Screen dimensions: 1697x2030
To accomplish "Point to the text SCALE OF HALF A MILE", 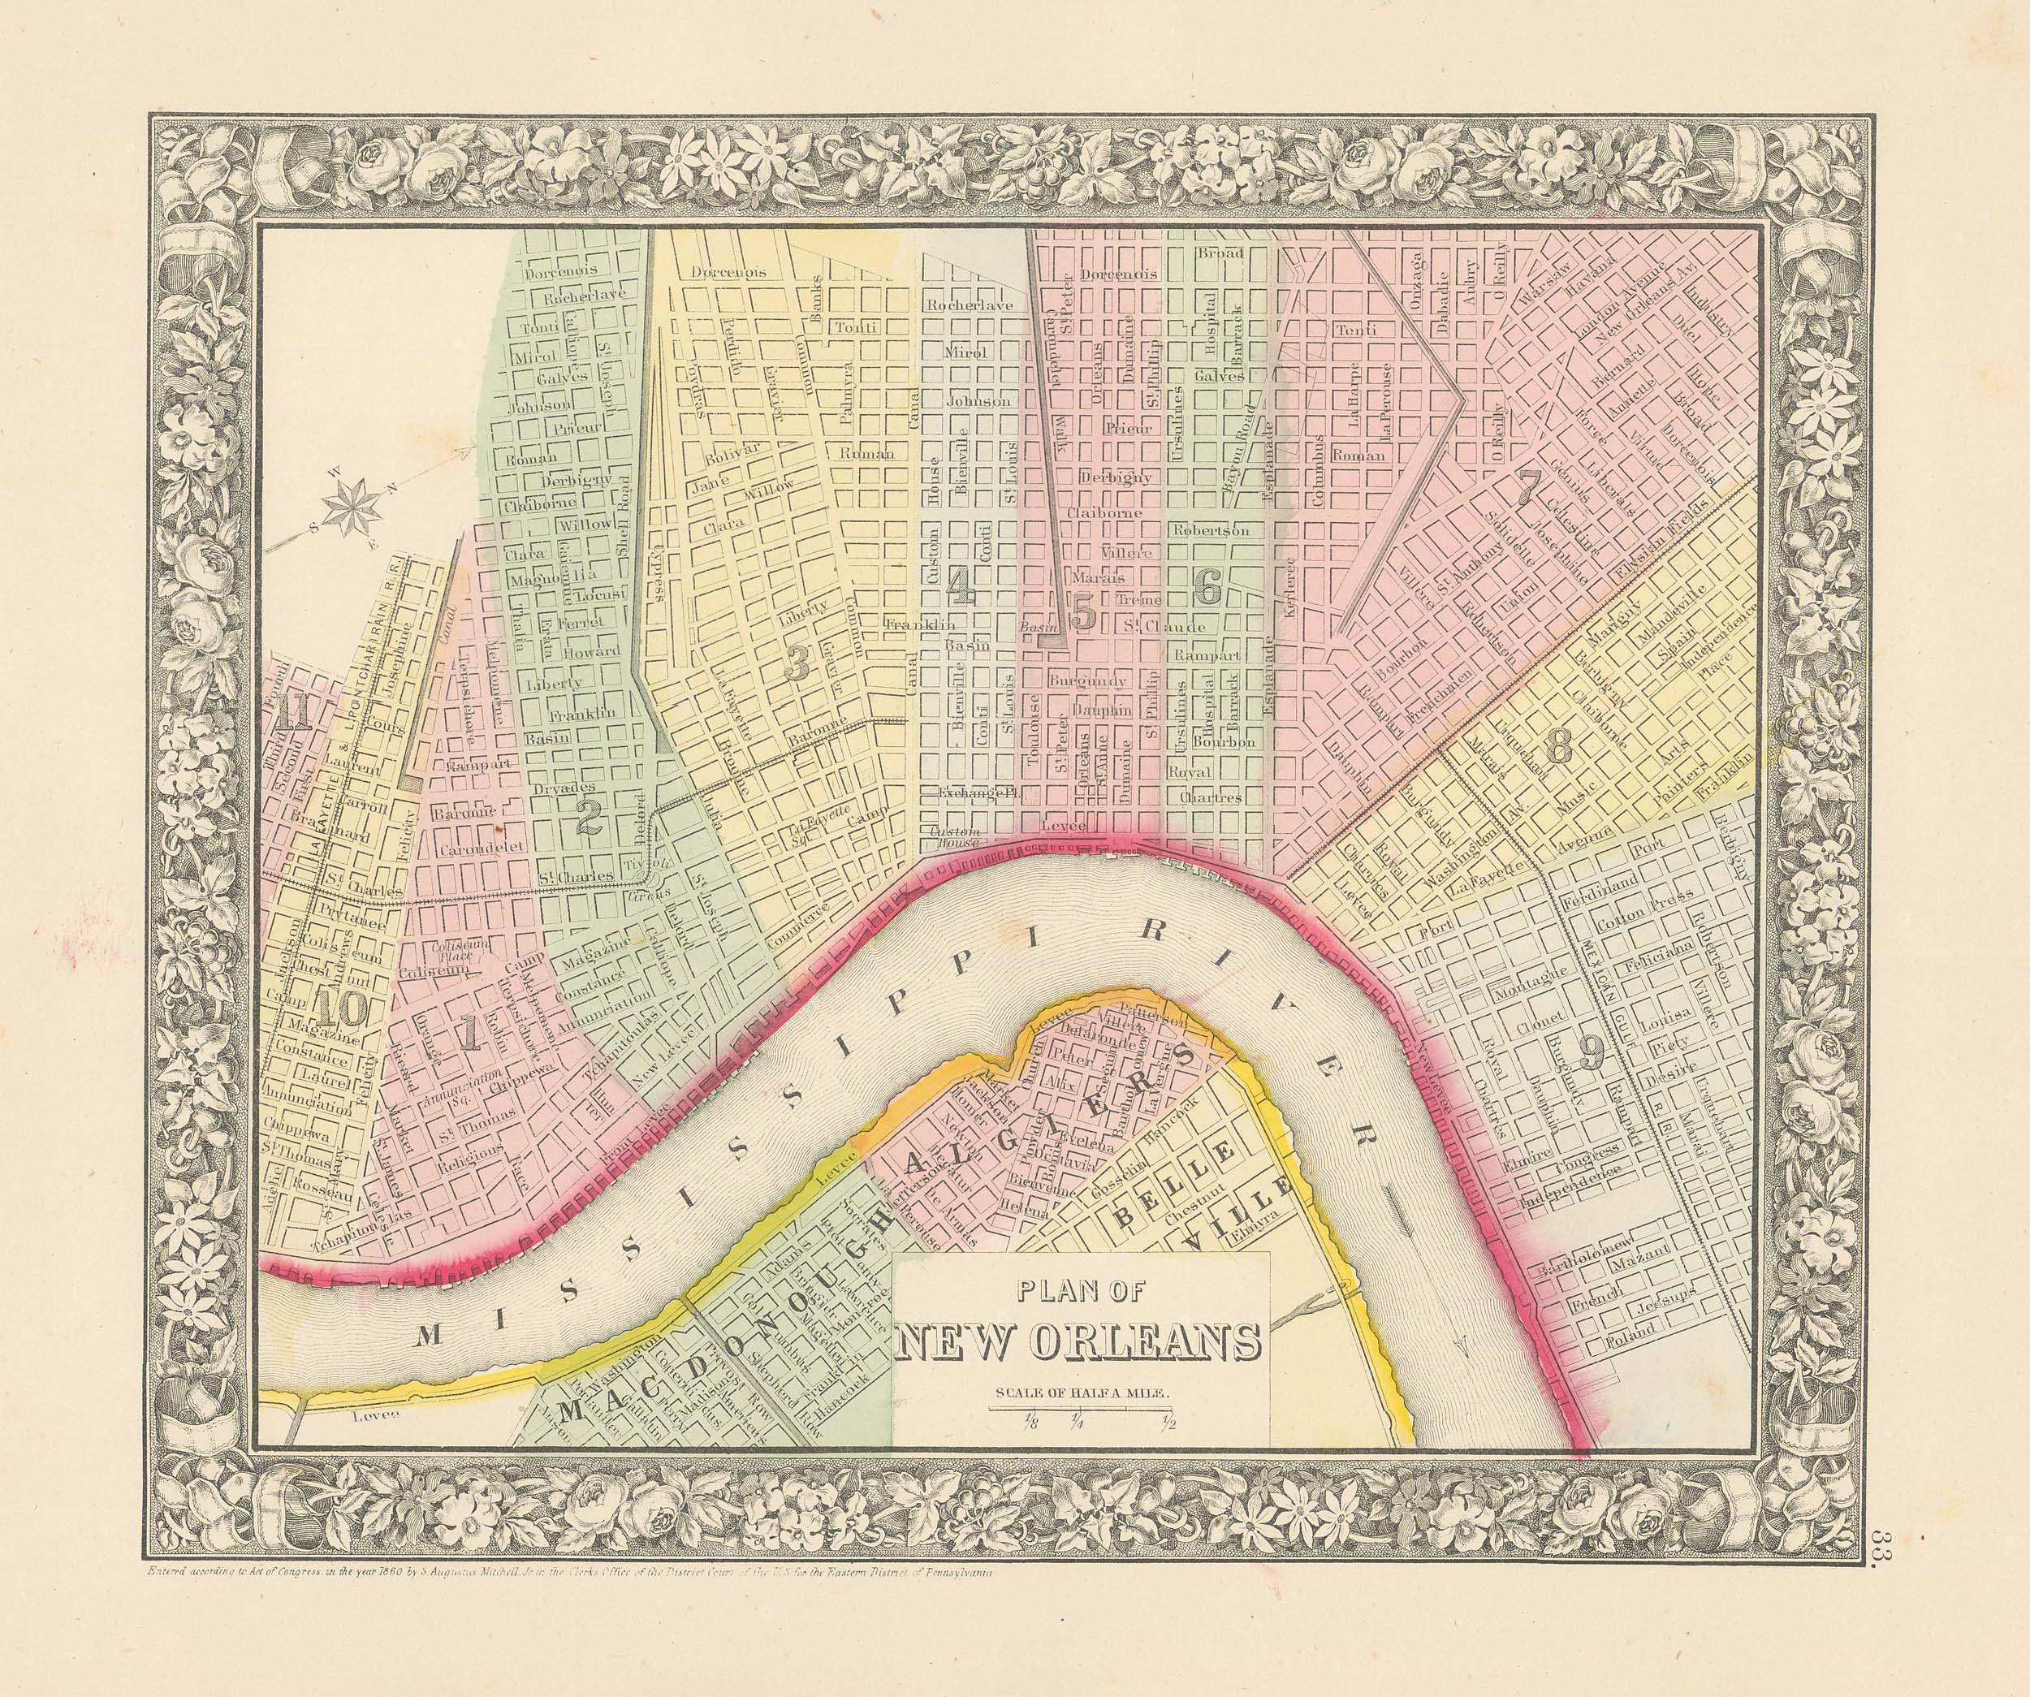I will [x=1080, y=1393].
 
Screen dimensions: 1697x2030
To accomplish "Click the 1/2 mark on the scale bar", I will [x=1169, y=1422].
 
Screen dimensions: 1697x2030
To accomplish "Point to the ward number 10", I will [x=340, y=1011].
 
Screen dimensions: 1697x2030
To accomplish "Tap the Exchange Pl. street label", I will [x=974, y=793].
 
